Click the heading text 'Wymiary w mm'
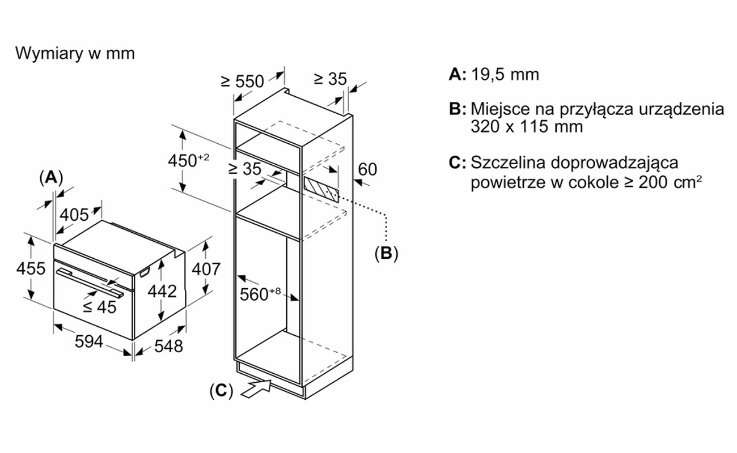click(x=75, y=54)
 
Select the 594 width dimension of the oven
click(x=89, y=341)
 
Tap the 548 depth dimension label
click(x=168, y=347)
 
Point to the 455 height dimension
click(x=31, y=268)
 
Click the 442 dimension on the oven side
click(x=162, y=291)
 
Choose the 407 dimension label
click(x=206, y=269)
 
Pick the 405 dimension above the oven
click(x=74, y=215)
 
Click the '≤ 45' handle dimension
click(x=100, y=307)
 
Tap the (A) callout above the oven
click(x=51, y=177)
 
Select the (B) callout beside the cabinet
click(x=386, y=254)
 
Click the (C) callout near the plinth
click(x=222, y=391)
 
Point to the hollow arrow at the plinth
click(x=256, y=388)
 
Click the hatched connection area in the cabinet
click(x=321, y=189)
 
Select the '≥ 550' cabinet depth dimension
click(x=243, y=81)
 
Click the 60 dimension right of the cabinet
click(x=367, y=170)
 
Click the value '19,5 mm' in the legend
click(x=505, y=75)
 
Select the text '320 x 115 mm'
click(x=527, y=127)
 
